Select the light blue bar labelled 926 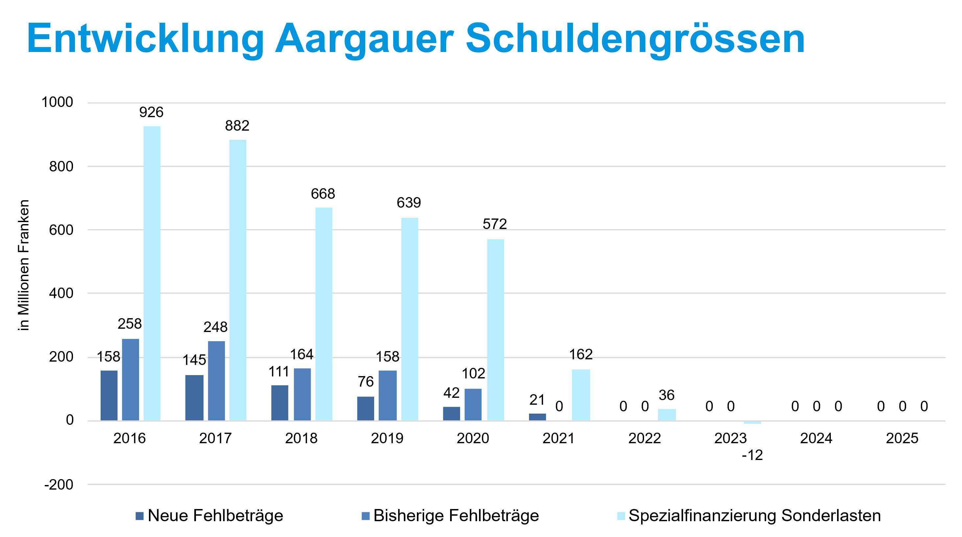click(x=152, y=273)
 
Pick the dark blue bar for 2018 click(x=279, y=402)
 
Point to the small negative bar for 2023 click(x=752, y=422)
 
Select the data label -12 click(x=752, y=455)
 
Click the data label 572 click(x=494, y=224)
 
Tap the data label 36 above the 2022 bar click(x=666, y=395)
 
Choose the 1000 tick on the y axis click(x=57, y=102)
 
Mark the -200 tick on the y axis click(x=59, y=485)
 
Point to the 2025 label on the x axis click(x=902, y=438)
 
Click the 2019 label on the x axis click(x=387, y=438)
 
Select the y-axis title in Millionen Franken click(x=24, y=265)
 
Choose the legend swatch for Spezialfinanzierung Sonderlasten click(x=621, y=516)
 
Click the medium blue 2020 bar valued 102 click(x=473, y=404)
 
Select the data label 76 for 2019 click(x=366, y=382)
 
